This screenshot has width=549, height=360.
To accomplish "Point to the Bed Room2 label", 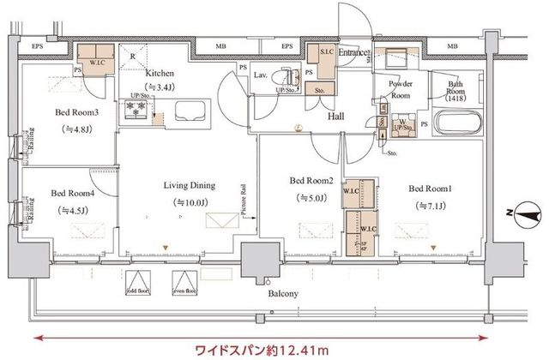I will click(307, 181).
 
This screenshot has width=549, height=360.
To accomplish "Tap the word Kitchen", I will click(160, 73).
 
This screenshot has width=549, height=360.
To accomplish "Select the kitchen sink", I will click(189, 111).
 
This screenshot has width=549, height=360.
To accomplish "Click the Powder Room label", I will click(401, 90).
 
